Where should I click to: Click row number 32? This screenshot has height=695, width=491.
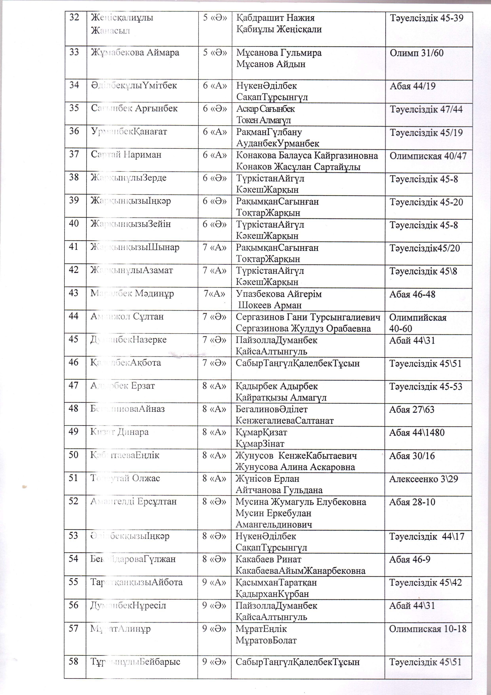[x=74, y=18]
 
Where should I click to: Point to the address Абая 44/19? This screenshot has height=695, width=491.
[x=412, y=86]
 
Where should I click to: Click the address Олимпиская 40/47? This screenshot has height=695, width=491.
[x=428, y=156]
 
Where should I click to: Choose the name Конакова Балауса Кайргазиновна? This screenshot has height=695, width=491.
[x=307, y=156]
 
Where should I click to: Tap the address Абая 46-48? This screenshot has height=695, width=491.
[x=412, y=294]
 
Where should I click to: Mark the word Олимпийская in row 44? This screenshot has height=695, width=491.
[x=418, y=317]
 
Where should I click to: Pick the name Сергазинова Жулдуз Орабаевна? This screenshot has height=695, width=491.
[x=303, y=328]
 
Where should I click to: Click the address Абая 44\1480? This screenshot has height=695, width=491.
[x=417, y=433]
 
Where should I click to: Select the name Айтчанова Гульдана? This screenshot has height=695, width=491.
[x=279, y=490]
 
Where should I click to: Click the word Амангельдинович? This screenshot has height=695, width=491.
[x=274, y=525]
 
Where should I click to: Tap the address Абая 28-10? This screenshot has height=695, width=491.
[x=412, y=502]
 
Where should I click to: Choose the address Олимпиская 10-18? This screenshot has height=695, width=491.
[x=427, y=629]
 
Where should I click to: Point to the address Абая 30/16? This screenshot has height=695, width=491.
[x=412, y=456]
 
